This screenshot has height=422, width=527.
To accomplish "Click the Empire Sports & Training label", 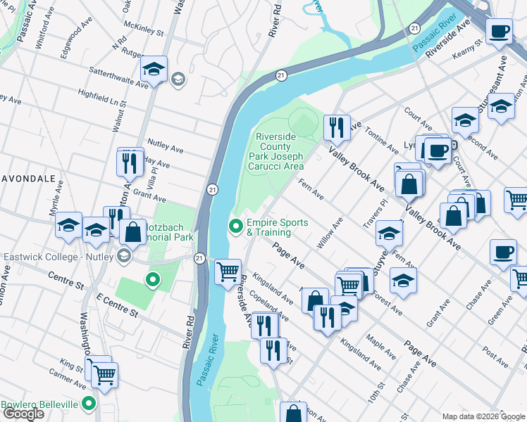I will [277, 227].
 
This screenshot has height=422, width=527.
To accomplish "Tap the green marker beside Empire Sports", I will [235, 226].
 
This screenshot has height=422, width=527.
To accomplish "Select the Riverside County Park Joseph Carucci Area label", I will [279, 151].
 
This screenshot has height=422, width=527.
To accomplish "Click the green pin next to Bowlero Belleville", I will [89, 404].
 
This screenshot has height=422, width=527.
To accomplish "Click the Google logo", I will [23, 414].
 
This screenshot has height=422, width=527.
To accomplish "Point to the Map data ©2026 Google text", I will [483, 416].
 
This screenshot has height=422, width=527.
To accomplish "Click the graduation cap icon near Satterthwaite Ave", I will [153, 69].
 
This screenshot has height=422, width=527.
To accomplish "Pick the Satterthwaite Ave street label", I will [118, 77].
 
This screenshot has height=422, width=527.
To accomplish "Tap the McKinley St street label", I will [143, 32].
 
